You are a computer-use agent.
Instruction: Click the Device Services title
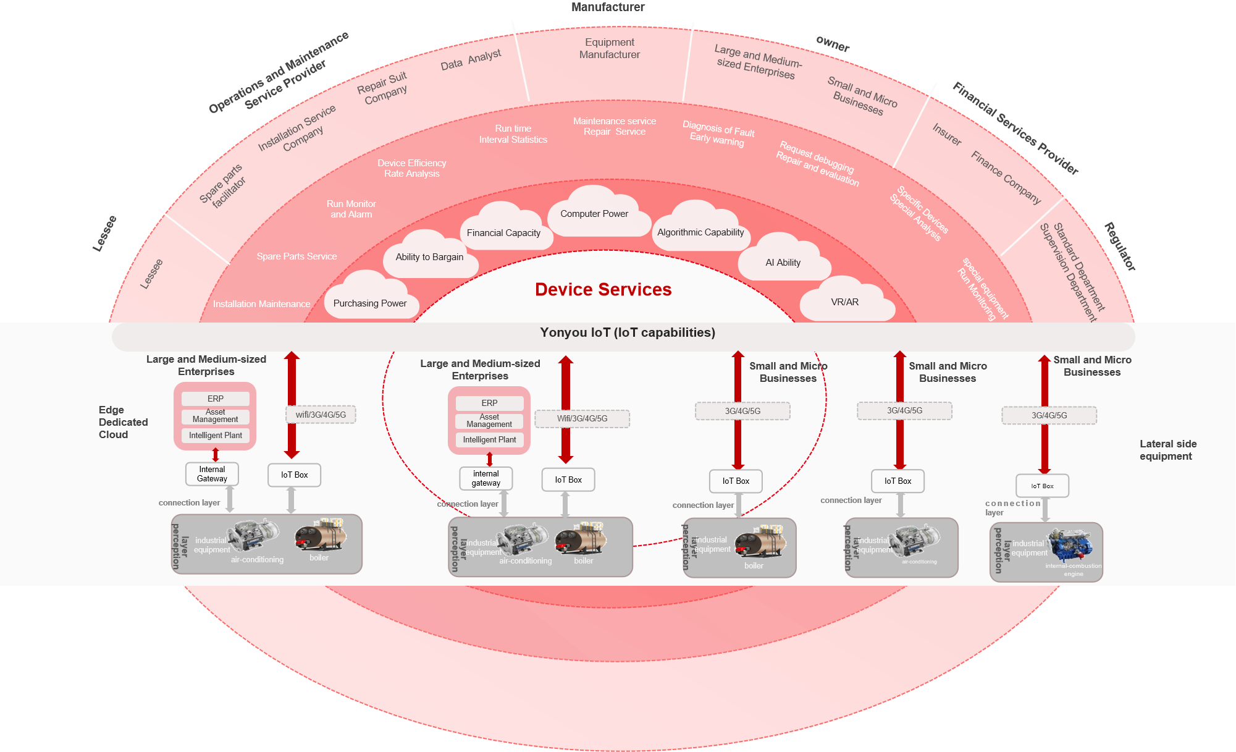point(603,289)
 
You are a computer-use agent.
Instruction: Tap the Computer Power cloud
point(594,214)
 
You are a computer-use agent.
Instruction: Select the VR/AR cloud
point(844,302)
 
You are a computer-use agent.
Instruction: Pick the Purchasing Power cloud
point(370,303)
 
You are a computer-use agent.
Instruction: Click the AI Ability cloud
point(783,263)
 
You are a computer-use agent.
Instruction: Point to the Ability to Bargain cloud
point(429,257)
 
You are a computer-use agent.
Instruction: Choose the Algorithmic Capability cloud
point(700,232)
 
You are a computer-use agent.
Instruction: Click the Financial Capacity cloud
point(503,233)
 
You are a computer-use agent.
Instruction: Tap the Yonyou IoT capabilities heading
point(627,332)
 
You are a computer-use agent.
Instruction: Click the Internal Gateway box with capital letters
point(212,474)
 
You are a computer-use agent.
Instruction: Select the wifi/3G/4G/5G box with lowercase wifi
point(321,415)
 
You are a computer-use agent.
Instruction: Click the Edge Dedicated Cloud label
point(122,422)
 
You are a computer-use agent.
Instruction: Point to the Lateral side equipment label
point(1167,450)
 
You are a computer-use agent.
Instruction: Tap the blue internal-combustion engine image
point(1070,544)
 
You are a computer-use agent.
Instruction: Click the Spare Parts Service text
point(296,256)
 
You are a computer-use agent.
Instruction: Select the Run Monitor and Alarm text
point(351,209)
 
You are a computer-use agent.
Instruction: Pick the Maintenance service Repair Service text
point(614,126)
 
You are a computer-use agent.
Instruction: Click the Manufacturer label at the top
point(608,7)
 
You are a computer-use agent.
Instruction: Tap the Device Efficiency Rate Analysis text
point(411,168)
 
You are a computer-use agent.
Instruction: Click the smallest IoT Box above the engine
point(1042,486)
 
